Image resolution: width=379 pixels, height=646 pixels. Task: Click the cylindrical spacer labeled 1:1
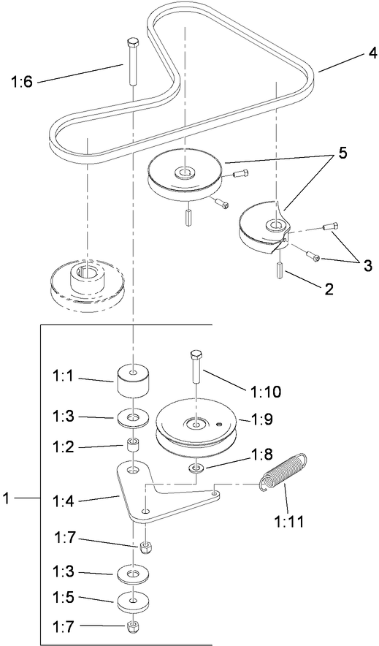coord(133,379)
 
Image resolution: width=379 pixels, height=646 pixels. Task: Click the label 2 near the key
coord(329,289)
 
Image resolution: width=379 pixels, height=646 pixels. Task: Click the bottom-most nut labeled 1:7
coord(133,627)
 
